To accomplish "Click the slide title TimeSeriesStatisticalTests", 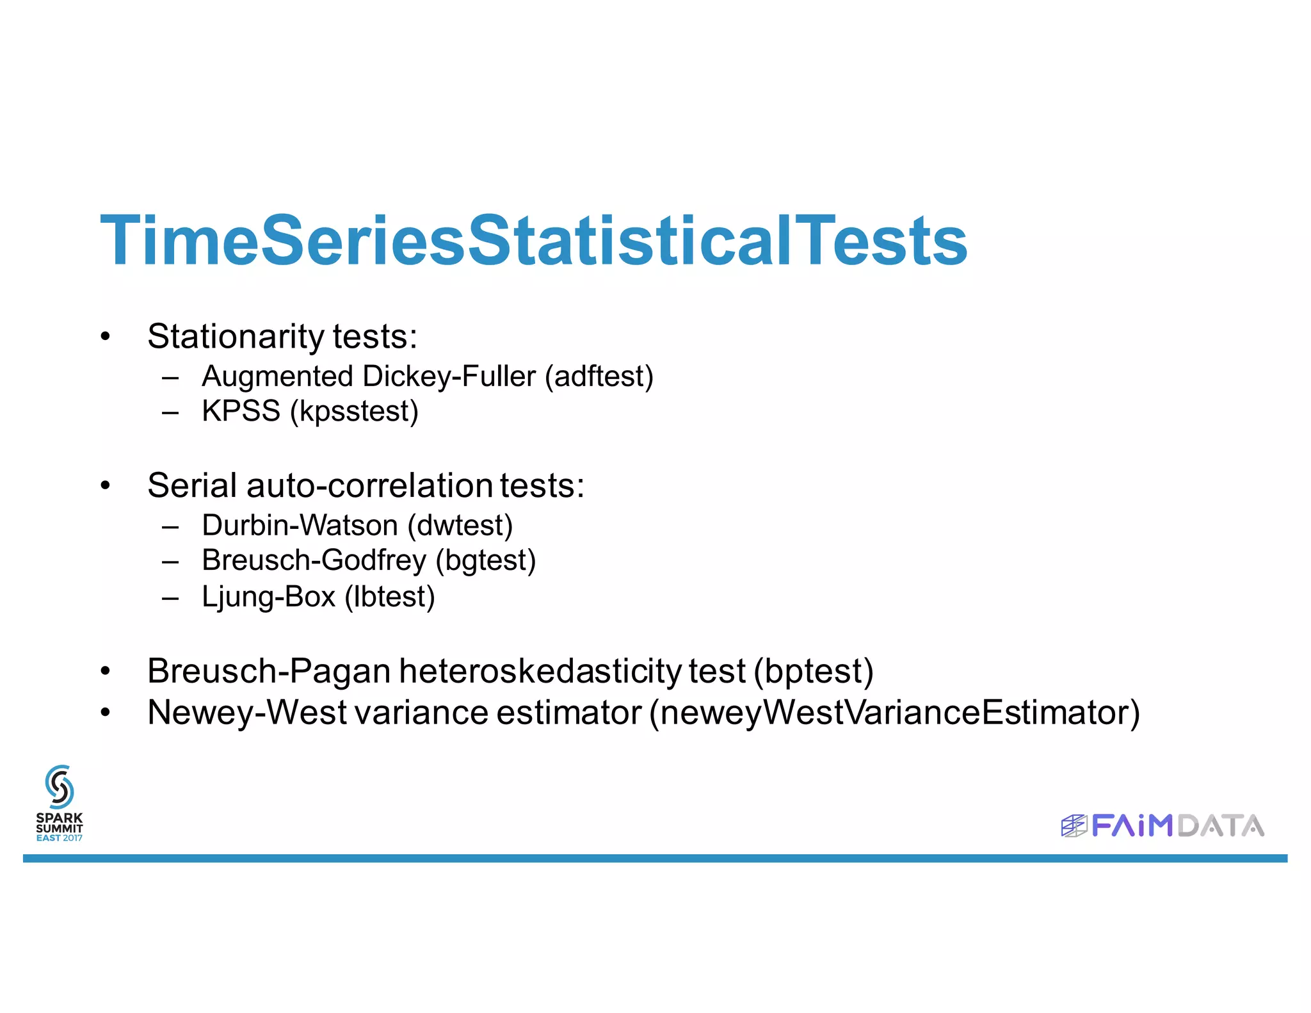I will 533,241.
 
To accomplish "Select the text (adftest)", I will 599,377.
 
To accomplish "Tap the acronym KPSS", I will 241,411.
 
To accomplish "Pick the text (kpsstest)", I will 354,411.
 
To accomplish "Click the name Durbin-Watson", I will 300,526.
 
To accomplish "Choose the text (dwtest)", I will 460,526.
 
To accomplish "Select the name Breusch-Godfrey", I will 314,560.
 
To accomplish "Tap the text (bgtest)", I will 486,560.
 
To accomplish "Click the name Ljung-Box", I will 268,597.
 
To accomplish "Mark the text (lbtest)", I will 390,597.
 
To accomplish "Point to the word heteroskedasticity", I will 540,671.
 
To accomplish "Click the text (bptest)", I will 814,671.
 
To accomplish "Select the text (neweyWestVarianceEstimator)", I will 894,713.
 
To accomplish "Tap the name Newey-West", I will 246,713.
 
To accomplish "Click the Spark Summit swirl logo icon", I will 60,786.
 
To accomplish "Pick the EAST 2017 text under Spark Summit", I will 60,838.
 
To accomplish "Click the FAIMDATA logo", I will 1162,825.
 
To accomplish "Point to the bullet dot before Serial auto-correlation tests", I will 106,486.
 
